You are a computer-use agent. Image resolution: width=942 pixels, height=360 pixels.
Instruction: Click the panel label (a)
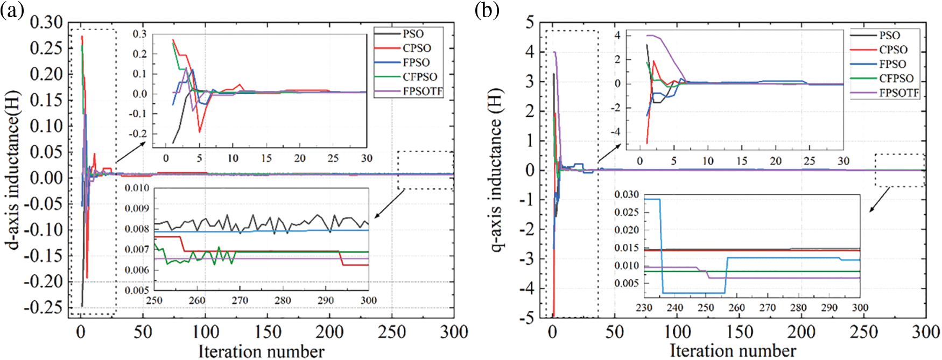click(x=12, y=11)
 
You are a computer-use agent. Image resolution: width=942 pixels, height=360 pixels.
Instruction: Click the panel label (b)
click(x=487, y=11)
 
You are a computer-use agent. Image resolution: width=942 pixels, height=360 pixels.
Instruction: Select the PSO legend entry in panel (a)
click(x=413, y=34)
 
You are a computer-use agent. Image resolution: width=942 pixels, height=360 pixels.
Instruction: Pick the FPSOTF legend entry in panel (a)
click(x=423, y=91)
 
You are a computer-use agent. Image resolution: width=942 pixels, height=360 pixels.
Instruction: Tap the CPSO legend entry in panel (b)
click(x=893, y=50)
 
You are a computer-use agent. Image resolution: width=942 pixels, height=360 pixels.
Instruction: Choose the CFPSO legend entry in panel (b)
click(x=896, y=79)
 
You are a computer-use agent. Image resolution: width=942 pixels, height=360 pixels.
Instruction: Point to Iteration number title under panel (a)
click(x=261, y=351)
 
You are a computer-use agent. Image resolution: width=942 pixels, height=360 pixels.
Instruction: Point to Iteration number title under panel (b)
click(x=733, y=351)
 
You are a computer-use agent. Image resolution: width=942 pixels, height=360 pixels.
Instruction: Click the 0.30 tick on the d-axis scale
click(x=46, y=23)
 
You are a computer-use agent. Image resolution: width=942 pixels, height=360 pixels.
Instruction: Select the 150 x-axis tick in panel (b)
click(x=739, y=331)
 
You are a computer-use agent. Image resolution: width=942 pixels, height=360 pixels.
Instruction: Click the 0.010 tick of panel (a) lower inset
click(x=137, y=188)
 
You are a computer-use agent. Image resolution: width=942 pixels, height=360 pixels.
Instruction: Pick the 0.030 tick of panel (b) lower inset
click(x=627, y=194)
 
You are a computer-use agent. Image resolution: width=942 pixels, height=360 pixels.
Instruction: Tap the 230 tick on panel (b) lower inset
click(x=644, y=308)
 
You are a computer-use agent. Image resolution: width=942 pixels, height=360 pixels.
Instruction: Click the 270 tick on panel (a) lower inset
click(x=240, y=300)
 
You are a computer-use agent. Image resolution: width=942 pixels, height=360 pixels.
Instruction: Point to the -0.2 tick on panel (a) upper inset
click(x=139, y=133)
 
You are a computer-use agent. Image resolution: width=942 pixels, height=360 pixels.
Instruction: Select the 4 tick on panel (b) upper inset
click(x=617, y=36)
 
